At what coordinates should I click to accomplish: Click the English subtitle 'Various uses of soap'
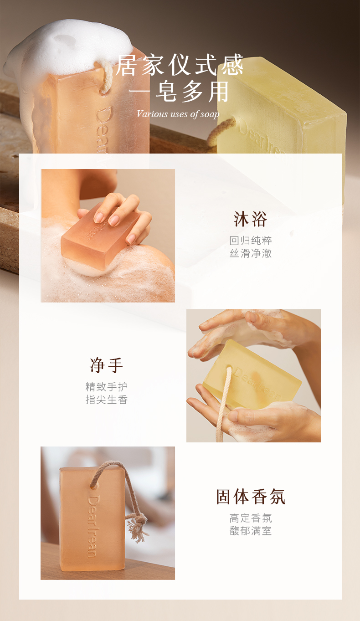(178, 114)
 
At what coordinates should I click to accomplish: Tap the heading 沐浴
(250, 219)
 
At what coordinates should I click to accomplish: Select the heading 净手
(106, 365)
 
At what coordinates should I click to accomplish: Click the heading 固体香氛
(251, 497)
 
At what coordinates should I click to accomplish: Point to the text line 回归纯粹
(251, 241)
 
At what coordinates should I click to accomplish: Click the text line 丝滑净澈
(251, 253)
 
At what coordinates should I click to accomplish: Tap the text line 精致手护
(107, 386)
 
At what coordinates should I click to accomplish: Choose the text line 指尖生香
(107, 399)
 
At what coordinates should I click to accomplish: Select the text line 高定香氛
(251, 518)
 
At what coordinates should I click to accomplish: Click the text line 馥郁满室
(251, 531)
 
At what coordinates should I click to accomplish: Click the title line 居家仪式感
(179, 65)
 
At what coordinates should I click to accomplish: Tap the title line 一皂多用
(179, 92)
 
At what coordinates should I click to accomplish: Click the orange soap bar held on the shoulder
(100, 236)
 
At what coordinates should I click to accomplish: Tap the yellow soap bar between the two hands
(252, 375)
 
